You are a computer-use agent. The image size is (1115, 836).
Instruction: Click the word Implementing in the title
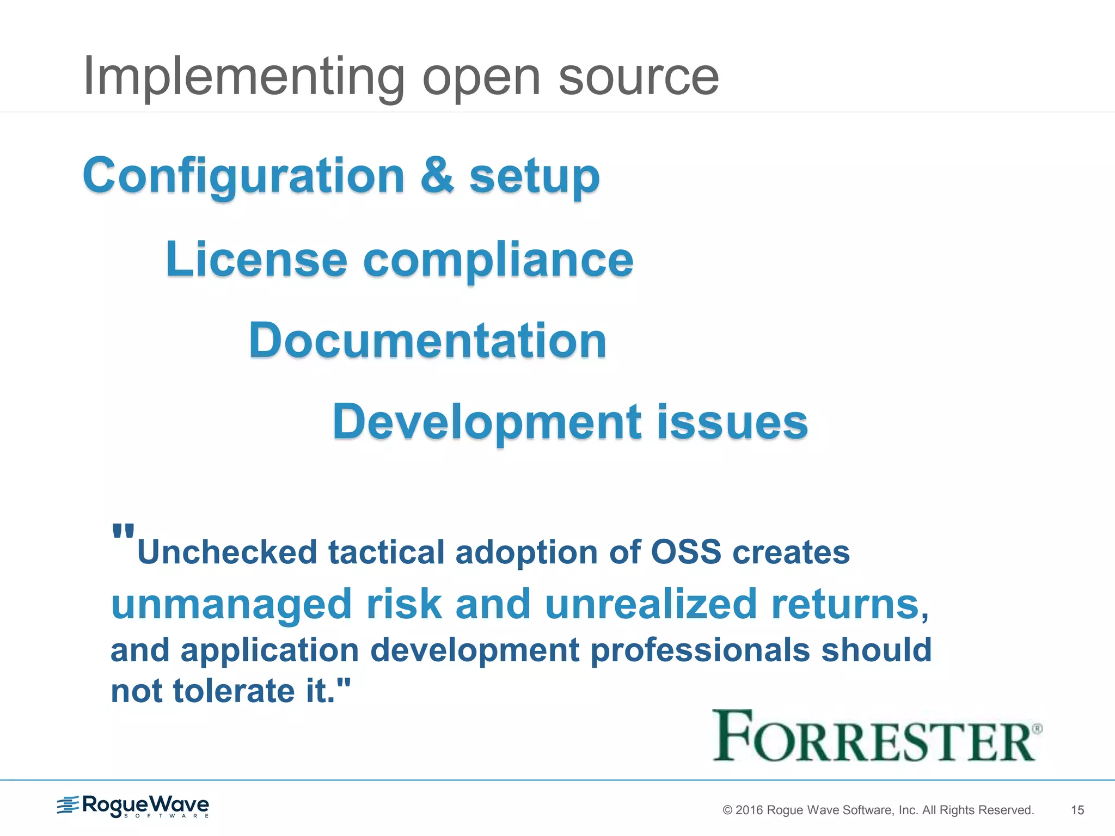pyautogui.click(x=244, y=77)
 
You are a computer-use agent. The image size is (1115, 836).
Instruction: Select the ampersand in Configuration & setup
pyautogui.click(x=437, y=175)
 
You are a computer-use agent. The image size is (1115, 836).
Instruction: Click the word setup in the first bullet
pyautogui.click(x=534, y=177)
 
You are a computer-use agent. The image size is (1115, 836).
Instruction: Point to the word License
pyautogui.click(x=256, y=259)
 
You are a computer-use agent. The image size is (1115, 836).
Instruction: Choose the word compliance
pyautogui.click(x=498, y=261)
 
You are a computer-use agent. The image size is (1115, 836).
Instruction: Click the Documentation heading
pyautogui.click(x=427, y=341)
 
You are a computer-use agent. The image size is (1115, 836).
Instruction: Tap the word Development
pyautogui.click(x=487, y=423)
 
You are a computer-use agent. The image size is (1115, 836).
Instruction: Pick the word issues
pyautogui.click(x=732, y=422)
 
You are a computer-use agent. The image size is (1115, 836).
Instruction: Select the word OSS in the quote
pyautogui.click(x=686, y=552)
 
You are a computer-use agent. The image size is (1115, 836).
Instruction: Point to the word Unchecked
pyautogui.click(x=228, y=552)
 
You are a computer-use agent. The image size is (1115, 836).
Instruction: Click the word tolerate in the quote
pyautogui.click(x=234, y=691)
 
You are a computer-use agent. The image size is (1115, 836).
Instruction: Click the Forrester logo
pyautogui.click(x=877, y=736)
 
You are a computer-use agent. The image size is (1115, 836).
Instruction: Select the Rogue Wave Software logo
pyautogui.click(x=133, y=806)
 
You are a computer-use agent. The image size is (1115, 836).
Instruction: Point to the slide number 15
pyautogui.click(x=1077, y=810)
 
